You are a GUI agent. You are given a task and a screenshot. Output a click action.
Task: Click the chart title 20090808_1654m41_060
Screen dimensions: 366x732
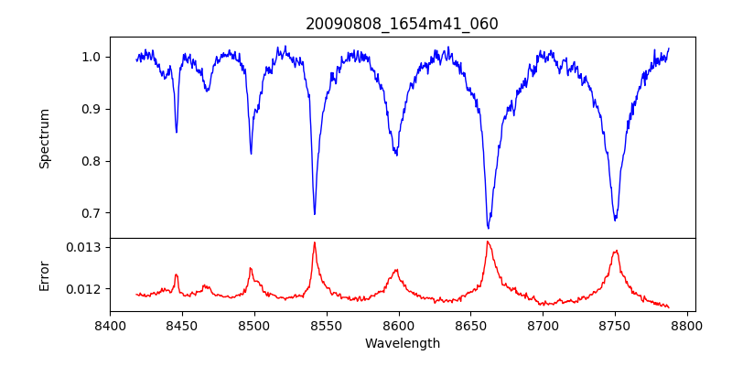[402, 24]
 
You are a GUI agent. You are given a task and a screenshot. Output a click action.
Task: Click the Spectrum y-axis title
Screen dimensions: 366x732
[44, 138]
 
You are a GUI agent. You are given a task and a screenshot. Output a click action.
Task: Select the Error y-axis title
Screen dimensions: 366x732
[44, 275]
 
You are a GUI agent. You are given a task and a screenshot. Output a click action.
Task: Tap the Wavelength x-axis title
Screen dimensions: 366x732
[402, 343]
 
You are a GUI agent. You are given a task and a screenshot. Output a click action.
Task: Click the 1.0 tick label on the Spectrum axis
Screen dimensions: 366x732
[91, 57]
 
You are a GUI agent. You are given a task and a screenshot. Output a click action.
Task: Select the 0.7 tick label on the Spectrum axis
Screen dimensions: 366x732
[91, 213]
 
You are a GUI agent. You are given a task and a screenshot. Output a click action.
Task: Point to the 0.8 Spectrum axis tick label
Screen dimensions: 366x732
[91, 161]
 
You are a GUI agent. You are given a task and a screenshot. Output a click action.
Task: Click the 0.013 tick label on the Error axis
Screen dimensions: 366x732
[85, 247]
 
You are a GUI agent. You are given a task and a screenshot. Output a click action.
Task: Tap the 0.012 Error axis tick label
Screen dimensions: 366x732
[85, 289]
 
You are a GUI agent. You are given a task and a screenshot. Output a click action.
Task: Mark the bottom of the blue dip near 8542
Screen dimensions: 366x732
[315, 214]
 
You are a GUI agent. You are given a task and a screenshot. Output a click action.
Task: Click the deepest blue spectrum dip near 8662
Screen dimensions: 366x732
[488, 228]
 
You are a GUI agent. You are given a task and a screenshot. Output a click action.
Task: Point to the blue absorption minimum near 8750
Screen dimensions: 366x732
[615, 221]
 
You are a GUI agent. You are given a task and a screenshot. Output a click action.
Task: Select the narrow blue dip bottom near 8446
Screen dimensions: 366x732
[177, 132]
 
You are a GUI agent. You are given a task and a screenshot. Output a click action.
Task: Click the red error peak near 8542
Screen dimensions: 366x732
[314, 242]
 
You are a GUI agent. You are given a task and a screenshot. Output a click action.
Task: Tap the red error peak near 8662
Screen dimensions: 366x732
[488, 242]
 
